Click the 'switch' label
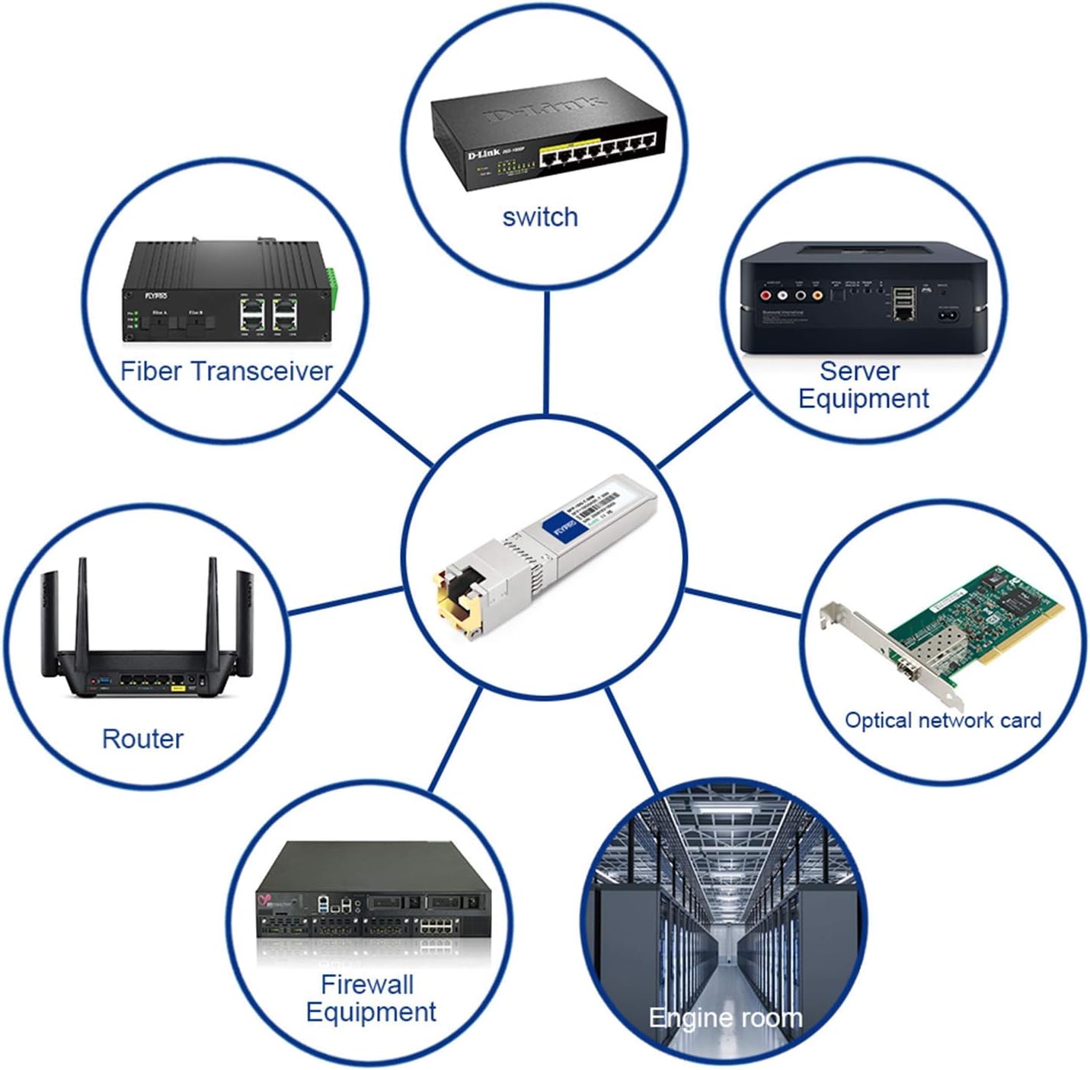tap(540, 218)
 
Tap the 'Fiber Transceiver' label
tap(226, 372)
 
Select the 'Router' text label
tap(142, 739)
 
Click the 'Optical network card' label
tap(942, 720)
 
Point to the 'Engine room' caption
tap(725, 1017)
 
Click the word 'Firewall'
tap(367, 984)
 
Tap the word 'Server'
tap(859, 371)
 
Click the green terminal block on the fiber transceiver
tap(332, 281)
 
